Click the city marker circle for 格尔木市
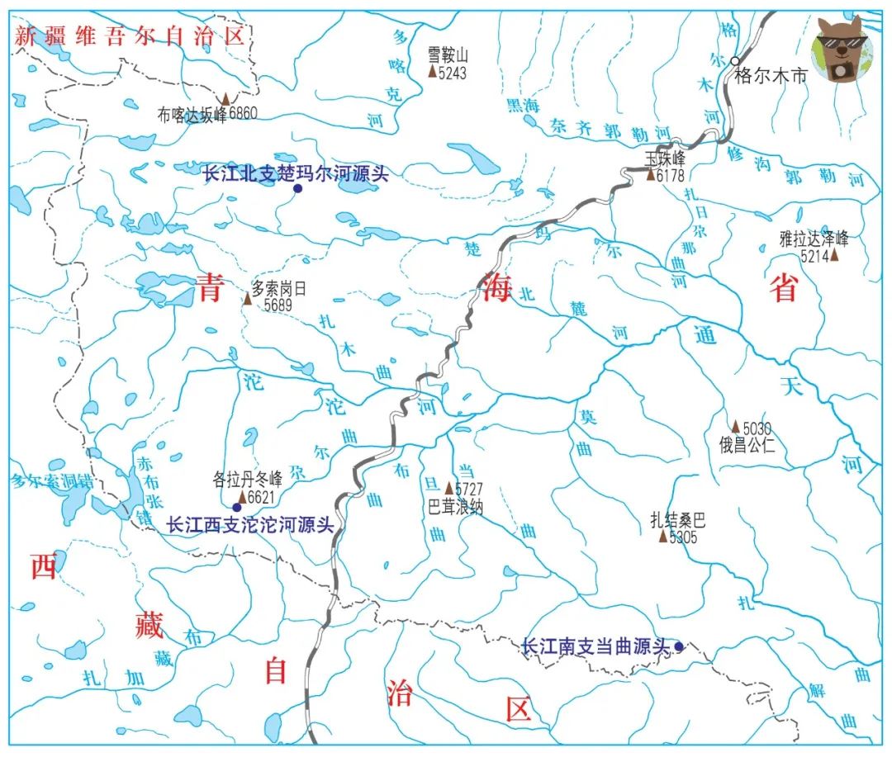pos(735,61)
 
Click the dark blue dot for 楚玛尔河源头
pos(297,188)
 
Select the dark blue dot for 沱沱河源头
pos(237,507)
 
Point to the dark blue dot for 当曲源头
pos(678,646)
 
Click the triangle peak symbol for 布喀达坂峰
pos(225,99)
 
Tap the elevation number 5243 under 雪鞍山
pos(453,73)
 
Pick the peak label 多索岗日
pos(278,289)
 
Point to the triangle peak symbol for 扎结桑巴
pos(662,537)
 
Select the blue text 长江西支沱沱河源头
pos(250,524)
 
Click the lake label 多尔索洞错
pos(51,480)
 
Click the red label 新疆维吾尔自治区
pos(130,36)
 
